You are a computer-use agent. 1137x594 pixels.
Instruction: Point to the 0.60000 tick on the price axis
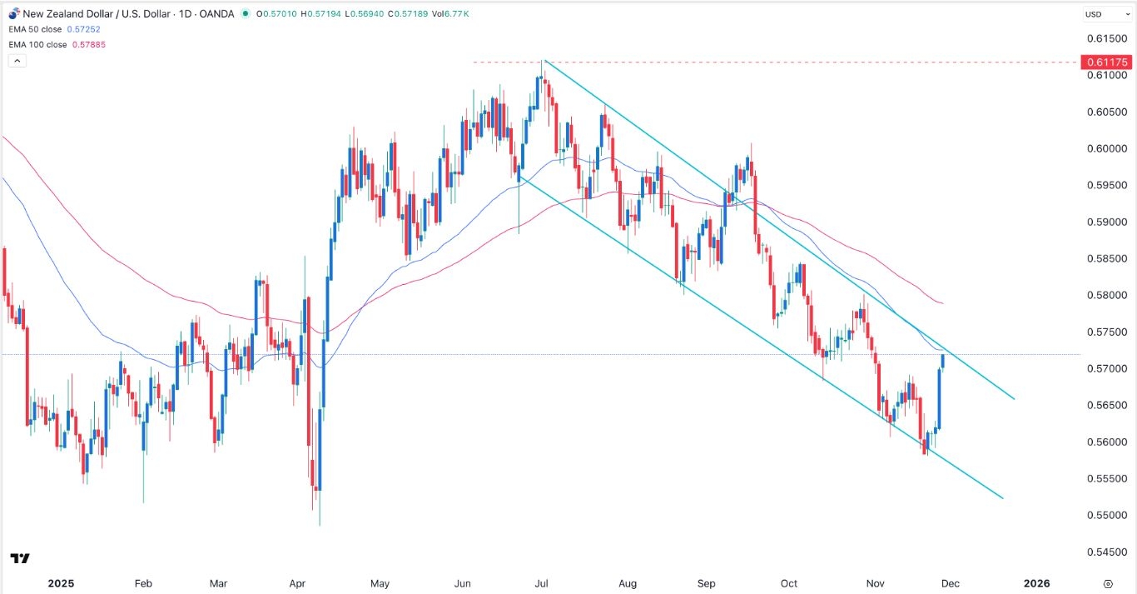[x=1113, y=149]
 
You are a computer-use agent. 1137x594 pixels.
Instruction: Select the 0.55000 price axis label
[x=1113, y=516]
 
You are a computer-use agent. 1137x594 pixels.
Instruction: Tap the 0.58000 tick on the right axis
[x=1113, y=296]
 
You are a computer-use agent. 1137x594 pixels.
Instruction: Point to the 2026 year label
[x=1036, y=583]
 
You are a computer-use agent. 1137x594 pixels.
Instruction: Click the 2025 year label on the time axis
[x=61, y=583]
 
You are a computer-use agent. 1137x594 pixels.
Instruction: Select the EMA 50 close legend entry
[x=40, y=29]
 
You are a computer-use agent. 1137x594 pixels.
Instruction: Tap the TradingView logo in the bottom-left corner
[x=21, y=558]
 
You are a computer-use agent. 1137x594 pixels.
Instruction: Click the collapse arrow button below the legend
[x=17, y=61]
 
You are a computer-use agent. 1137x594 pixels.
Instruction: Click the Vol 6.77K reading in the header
[x=457, y=14]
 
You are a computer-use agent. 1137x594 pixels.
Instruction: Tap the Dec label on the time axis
[x=950, y=583]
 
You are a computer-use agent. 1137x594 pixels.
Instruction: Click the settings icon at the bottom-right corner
[x=1109, y=583]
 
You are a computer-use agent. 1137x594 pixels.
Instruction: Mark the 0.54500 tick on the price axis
[x=1113, y=552]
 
